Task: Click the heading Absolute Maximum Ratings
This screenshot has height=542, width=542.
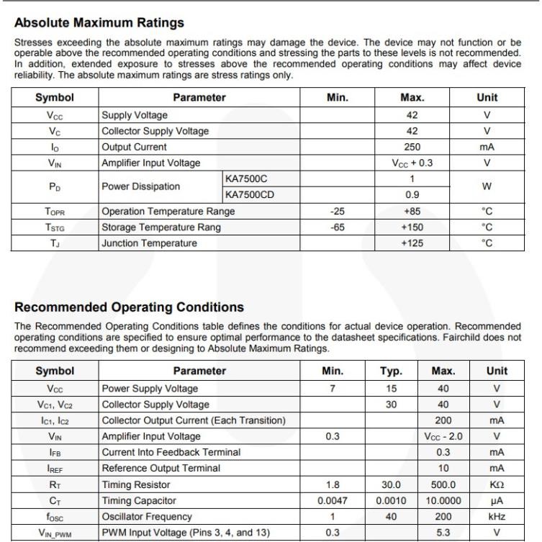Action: [x=99, y=23]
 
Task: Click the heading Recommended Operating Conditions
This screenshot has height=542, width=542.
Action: [x=130, y=307]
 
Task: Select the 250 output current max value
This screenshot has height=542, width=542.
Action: [x=412, y=147]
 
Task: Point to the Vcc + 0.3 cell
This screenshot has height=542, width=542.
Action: [x=412, y=163]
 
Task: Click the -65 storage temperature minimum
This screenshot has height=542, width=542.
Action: [x=337, y=227]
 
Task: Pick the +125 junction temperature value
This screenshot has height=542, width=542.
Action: [x=412, y=243]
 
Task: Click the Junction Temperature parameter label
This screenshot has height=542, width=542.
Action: [x=149, y=243]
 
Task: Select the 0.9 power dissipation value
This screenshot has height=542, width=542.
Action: [x=412, y=194]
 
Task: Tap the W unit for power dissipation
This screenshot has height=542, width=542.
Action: [x=487, y=186]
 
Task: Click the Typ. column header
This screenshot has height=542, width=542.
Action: [x=390, y=371]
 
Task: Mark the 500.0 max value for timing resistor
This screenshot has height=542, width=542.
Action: [x=443, y=484]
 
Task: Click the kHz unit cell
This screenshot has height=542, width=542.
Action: [x=497, y=516]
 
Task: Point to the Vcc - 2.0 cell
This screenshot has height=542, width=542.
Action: [x=443, y=436]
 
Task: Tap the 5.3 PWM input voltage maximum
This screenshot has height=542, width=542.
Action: [x=443, y=533]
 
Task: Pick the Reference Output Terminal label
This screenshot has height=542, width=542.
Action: [x=161, y=469]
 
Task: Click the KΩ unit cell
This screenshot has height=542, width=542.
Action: [x=497, y=484]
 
